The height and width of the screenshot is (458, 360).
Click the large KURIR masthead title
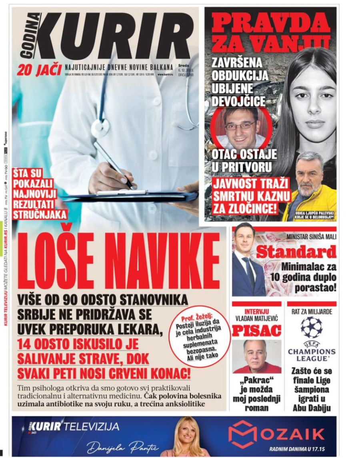pyautogui.click(x=116, y=36)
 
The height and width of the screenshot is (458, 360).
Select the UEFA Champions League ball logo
pyautogui.click(x=311, y=327)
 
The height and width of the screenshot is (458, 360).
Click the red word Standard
pyautogui.click(x=296, y=252)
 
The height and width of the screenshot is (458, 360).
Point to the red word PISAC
pyautogui.click(x=256, y=331)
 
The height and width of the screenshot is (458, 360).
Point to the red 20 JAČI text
pyautogui.click(x=39, y=70)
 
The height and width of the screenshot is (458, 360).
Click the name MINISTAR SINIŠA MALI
pyautogui.click(x=311, y=237)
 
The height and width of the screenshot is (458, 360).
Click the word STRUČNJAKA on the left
pyautogui.click(x=40, y=215)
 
